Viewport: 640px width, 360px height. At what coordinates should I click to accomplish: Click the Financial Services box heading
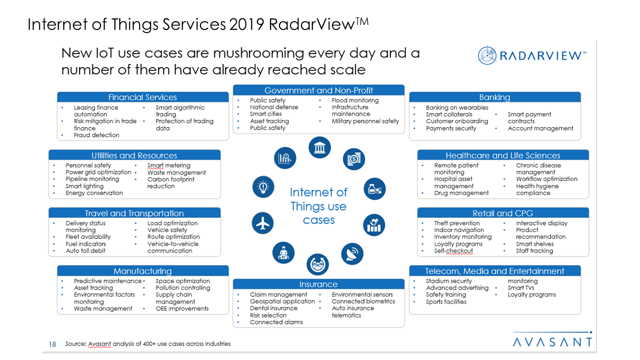tap(142, 97)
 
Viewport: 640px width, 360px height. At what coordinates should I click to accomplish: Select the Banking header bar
tap(494, 97)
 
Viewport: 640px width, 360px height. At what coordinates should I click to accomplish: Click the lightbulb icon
tap(262, 187)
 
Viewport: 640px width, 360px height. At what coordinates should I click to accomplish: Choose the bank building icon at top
tap(319, 148)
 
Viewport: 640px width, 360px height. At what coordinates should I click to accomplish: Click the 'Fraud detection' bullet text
tap(96, 135)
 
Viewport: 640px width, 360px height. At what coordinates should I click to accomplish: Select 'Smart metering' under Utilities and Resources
tap(168, 165)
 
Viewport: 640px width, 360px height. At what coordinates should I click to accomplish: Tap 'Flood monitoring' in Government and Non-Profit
tap(355, 100)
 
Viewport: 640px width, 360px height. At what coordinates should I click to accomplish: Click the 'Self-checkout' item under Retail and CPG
tap(453, 251)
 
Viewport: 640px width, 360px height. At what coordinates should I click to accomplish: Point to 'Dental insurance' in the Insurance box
tap(273, 308)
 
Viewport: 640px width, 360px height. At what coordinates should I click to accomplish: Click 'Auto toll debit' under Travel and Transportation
tap(85, 251)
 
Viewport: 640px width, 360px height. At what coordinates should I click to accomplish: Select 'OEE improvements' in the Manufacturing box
tap(182, 309)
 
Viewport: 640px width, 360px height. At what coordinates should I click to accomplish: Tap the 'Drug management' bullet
tap(461, 193)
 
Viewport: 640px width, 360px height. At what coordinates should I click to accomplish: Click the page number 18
tap(52, 344)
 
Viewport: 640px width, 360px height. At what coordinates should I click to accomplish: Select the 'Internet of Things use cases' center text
tap(318, 206)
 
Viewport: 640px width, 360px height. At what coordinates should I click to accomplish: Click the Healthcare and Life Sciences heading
tap(502, 155)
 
